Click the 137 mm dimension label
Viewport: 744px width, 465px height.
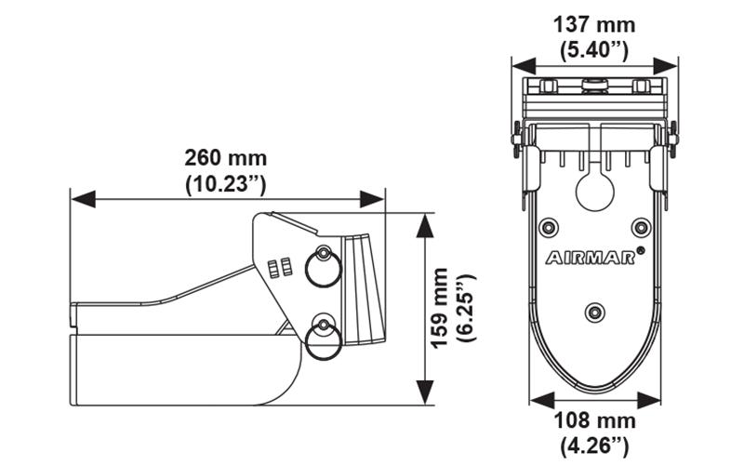tap(595, 23)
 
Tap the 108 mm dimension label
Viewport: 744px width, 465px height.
tap(595, 420)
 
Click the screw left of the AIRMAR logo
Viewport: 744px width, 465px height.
tap(547, 227)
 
